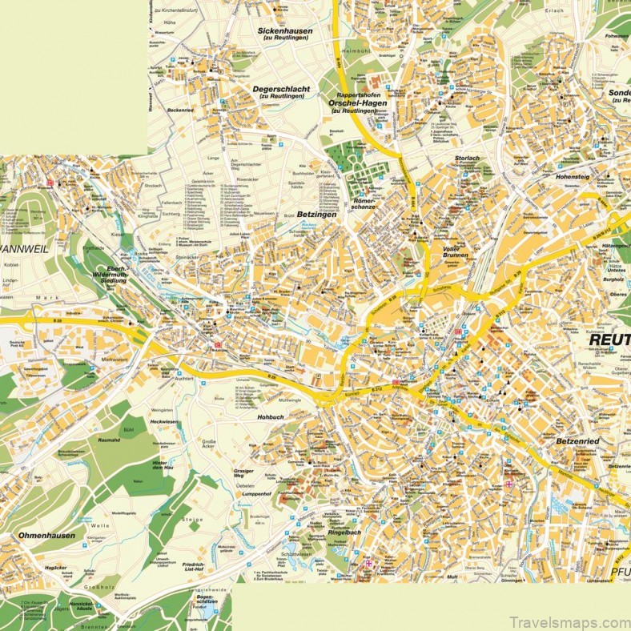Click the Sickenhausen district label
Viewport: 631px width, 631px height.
(x=284, y=31)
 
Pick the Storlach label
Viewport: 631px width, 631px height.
(x=467, y=159)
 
